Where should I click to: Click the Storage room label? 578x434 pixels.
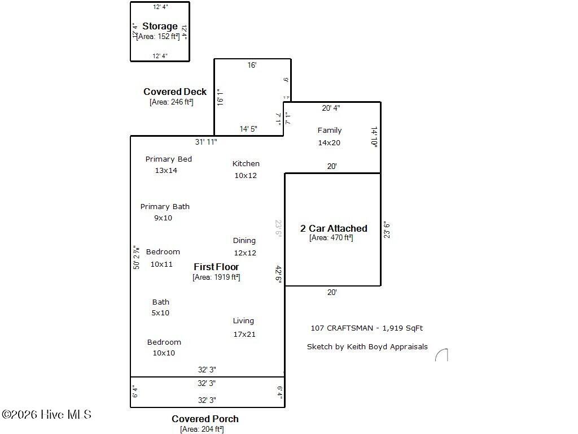click(x=160, y=27)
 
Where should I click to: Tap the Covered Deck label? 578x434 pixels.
click(x=175, y=92)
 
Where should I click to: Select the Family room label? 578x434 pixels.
click(x=330, y=131)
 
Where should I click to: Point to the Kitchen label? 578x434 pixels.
click(x=246, y=164)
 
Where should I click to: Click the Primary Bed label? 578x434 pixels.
click(x=169, y=159)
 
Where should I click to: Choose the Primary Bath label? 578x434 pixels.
click(x=165, y=207)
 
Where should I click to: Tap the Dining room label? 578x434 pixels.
click(x=244, y=241)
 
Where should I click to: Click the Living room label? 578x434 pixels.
click(x=243, y=321)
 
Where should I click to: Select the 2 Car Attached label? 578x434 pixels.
click(x=334, y=228)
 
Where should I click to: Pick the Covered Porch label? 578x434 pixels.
click(x=205, y=419)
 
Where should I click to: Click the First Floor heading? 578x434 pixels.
click(x=216, y=267)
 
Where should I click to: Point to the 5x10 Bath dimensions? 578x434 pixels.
click(x=160, y=313)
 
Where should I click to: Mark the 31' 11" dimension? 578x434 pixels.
click(x=206, y=142)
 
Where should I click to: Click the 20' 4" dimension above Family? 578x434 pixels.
click(x=331, y=108)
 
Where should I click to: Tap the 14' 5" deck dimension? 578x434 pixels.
click(x=248, y=129)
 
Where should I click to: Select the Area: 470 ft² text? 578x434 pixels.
click(x=331, y=238)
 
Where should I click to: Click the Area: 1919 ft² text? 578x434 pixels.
click(x=216, y=277)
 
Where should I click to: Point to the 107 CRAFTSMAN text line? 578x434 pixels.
click(x=366, y=328)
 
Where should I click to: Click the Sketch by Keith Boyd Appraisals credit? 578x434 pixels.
click(x=367, y=347)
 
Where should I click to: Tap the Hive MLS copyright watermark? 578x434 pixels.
click(x=46, y=415)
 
